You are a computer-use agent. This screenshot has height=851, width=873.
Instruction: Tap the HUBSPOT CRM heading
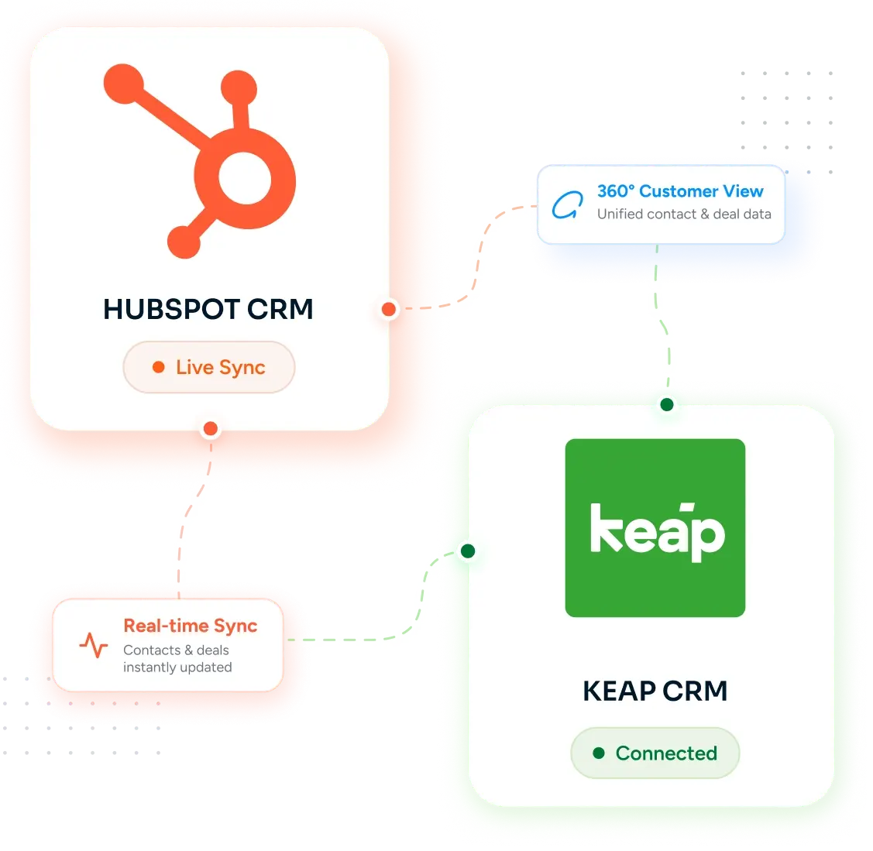[x=208, y=310]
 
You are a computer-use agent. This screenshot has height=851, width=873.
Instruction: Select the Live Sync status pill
[x=209, y=367]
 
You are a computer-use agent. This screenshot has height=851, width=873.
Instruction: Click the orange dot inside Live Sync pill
[x=159, y=367]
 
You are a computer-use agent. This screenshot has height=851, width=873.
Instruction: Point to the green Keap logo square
[x=655, y=527]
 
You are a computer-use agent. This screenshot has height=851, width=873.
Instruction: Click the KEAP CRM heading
[x=655, y=691]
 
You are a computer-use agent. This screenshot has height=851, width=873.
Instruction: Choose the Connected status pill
[x=655, y=753]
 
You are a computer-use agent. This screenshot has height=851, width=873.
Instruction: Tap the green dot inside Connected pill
[x=599, y=753]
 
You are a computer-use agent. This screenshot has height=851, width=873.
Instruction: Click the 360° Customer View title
[x=680, y=191]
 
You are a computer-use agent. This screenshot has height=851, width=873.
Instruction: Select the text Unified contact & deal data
[x=684, y=214]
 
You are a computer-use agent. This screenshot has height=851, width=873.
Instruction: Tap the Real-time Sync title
[x=191, y=626]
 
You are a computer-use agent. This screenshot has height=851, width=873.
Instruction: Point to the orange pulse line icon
[x=94, y=645]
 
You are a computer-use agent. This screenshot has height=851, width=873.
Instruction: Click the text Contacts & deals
[x=176, y=650]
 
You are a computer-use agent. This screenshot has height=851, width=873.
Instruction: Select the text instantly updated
[x=177, y=667]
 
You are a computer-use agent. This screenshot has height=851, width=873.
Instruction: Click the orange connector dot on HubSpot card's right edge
[x=389, y=309]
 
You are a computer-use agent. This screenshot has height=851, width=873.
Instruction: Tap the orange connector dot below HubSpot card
[x=211, y=428]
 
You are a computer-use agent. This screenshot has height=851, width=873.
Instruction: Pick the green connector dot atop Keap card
[x=667, y=405]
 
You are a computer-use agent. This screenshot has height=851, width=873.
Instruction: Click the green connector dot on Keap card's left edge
[x=468, y=551]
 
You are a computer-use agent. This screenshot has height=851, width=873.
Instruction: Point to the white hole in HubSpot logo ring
[x=245, y=178]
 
